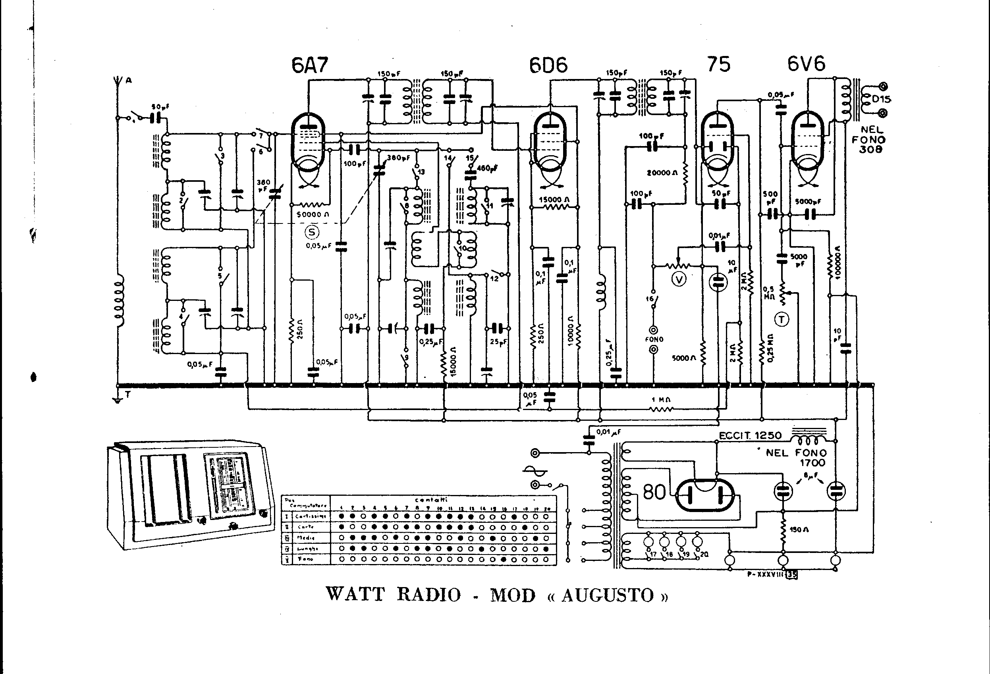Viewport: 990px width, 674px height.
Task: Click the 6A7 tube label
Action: pyautogui.click(x=310, y=65)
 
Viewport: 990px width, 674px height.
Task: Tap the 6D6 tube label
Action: pyautogui.click(x=548, y=65)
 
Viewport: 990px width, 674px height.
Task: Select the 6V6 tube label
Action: pyautogui.click(x=806, y=64)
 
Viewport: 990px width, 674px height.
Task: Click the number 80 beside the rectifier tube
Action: pyautogui.click(x=654, y=493)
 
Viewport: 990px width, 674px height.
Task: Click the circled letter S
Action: pyautogui.click(x=312, y=232)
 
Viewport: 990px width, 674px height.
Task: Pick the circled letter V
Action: pyautogui.click(x=679, y=279)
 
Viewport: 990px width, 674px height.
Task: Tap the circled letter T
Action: pyautogui.click(x=782, y=319)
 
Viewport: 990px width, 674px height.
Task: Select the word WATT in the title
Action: pyautogui.click(x=355, y=594)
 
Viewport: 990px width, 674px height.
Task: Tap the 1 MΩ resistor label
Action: pyautogui.click(x=661, y=400)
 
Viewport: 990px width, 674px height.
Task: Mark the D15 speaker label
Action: pyautogui.click(x=881, y=99)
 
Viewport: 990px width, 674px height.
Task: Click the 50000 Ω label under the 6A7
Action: pyautogui.click(x=313, y=215)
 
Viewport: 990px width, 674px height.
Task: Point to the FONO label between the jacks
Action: pyautogui.click(x=654, y=339)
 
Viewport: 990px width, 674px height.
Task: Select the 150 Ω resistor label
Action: pyautogui.click(x=799, y=530)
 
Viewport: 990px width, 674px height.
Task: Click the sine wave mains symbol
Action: pyautogui.click(x=535, y=470)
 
